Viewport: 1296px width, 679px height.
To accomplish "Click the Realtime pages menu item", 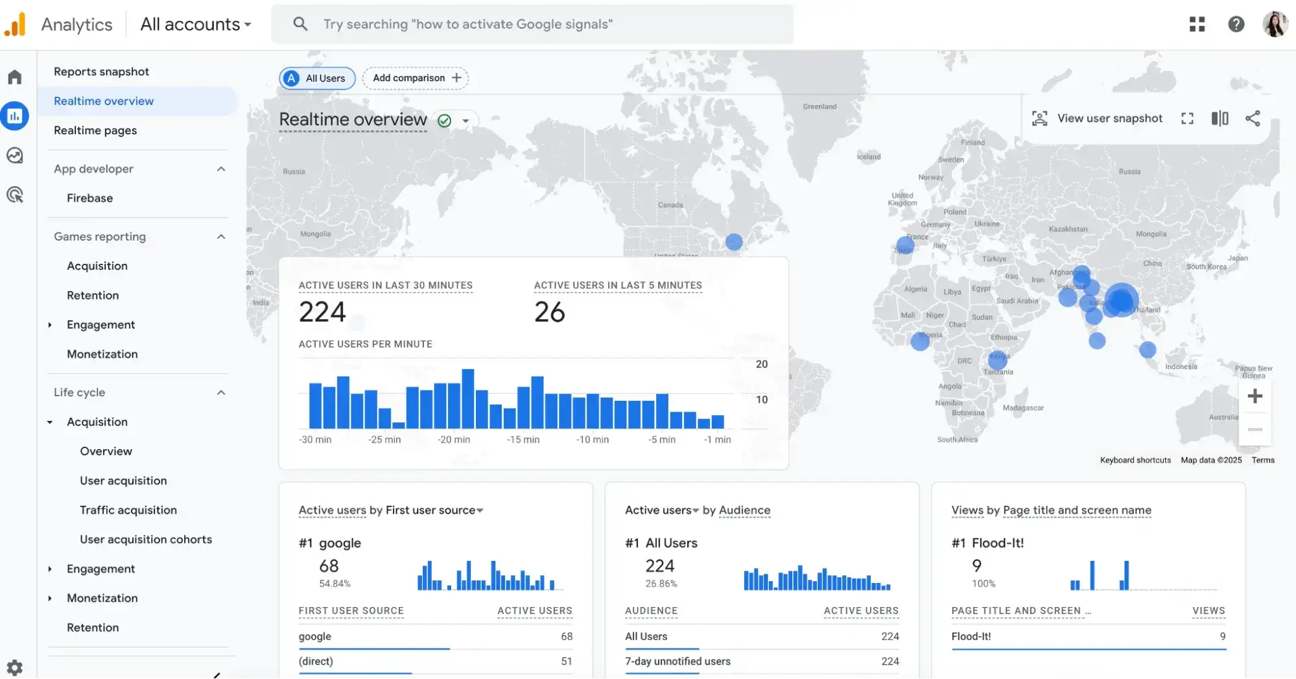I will [x=95, y=130].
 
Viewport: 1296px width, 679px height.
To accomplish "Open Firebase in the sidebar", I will [x=89, y=198].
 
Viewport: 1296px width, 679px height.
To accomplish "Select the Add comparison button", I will [x=416, y=78].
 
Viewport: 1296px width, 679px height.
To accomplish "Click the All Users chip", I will [x=317, y=78].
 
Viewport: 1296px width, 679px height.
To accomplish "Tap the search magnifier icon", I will [x=300, y=24].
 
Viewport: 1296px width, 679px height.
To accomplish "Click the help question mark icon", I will [x=1236, y=24].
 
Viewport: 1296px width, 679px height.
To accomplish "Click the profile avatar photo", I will [x=1274, y=24].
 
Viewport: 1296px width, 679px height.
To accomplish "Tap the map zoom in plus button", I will [x=1255, y=396].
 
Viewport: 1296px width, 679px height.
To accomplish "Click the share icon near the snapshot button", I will [x=1253, y=118].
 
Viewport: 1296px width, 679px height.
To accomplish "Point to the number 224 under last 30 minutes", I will [x=322, y=312].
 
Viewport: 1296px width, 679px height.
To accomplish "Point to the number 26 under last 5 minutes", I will [x=549, y=312].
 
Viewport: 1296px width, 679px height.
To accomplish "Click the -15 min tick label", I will [x=523, y=440].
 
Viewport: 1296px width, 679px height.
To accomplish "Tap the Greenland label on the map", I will [x=819, y=106].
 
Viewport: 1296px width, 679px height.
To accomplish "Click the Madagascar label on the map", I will [x=1023, y=408].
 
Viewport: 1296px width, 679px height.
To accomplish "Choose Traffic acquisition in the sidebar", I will [x=128, y=510].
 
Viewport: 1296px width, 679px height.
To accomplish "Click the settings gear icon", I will [x=14, y=667].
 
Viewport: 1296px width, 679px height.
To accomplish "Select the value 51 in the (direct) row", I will [x=566, y=661].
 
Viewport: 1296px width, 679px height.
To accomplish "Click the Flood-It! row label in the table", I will [x=971, y=636].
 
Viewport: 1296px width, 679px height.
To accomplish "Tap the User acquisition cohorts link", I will [x=146, y=539].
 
